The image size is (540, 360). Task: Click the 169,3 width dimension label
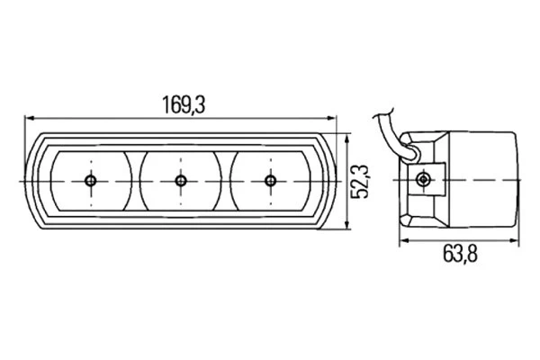(x=184, y=104)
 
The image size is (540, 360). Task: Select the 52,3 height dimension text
(x=359, y=182)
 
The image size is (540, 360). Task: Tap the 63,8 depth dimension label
(x=460, y=254)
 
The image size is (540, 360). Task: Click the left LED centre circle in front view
(x=91, y=181)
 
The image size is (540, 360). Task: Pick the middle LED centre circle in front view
(x=181, y=181)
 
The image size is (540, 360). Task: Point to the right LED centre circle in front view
(x=271, y=181)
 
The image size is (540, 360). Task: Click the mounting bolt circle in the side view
(x=423, y=179)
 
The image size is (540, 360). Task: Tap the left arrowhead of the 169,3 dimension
(x=31, y=118)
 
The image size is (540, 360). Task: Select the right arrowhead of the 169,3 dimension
(x=331, y=118)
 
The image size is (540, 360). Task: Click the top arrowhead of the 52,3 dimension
(x=347, y=139)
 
